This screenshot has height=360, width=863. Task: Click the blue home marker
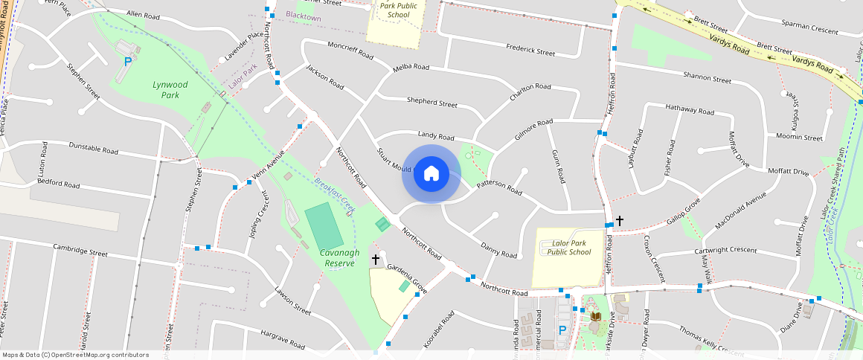click(431, 174)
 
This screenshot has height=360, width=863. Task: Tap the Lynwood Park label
click(170, 90)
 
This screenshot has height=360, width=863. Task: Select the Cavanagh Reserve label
click(340, 258)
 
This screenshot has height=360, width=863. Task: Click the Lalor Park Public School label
click(569, 248)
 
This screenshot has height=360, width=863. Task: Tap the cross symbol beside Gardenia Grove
click(376, 260)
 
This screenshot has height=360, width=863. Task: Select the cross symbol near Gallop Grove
click(620, 221)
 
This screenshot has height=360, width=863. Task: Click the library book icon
click(595, 316)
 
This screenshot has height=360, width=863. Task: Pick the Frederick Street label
click(530, 52)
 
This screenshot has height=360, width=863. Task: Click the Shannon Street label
click(707, 77)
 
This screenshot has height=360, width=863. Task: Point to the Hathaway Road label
click(690, 111)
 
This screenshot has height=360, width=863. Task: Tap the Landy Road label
click(436, 136)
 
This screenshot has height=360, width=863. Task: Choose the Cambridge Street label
click(80, 251)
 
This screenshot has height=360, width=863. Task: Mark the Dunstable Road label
click(94, 149)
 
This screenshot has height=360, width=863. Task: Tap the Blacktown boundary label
click(304, 16)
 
